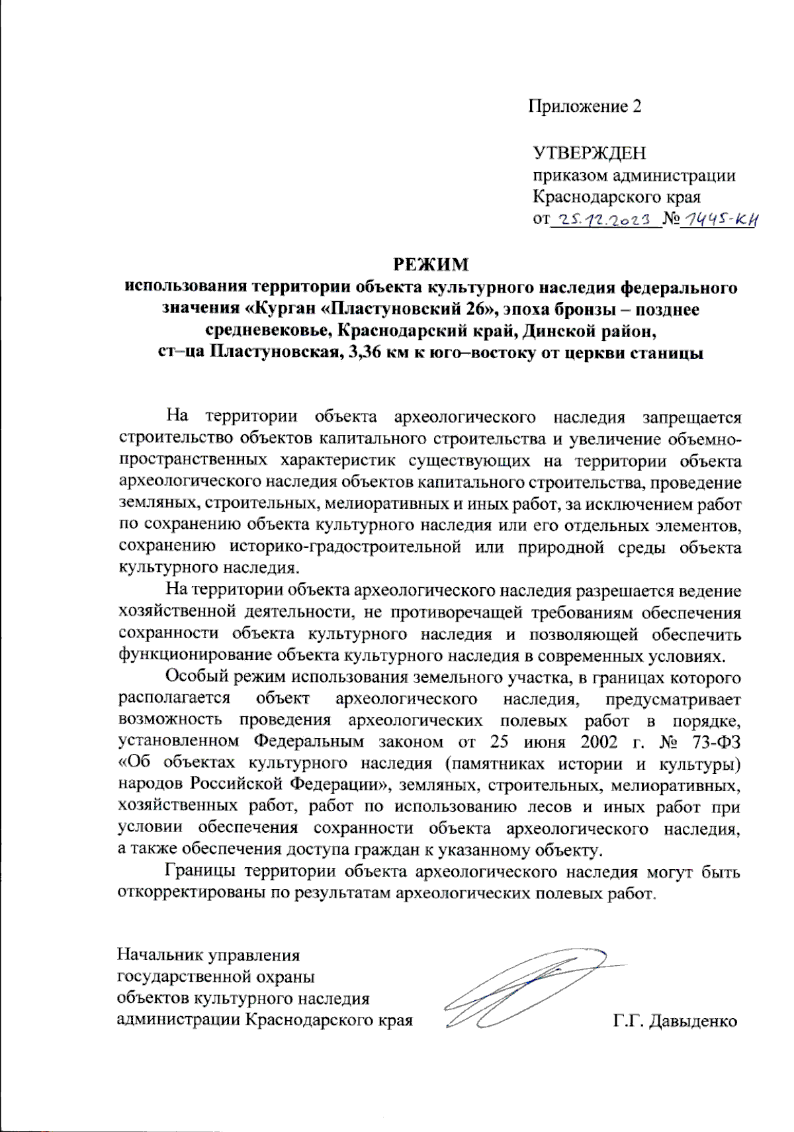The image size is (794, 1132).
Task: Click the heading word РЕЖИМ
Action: (431, 265)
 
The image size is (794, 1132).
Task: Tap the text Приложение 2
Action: (585, 107)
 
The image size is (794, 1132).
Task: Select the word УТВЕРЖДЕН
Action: (590, 154)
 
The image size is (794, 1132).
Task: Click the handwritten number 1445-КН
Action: (719, 218)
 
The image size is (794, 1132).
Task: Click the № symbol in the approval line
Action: (671, 219)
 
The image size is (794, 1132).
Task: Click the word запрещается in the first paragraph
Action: (691, 417)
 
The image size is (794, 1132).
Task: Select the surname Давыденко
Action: (693, 1021)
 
